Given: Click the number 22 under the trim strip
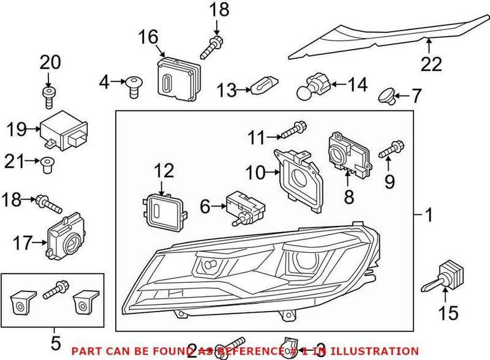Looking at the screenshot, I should point(431,64).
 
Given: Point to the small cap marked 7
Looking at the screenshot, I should point(386,94).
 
